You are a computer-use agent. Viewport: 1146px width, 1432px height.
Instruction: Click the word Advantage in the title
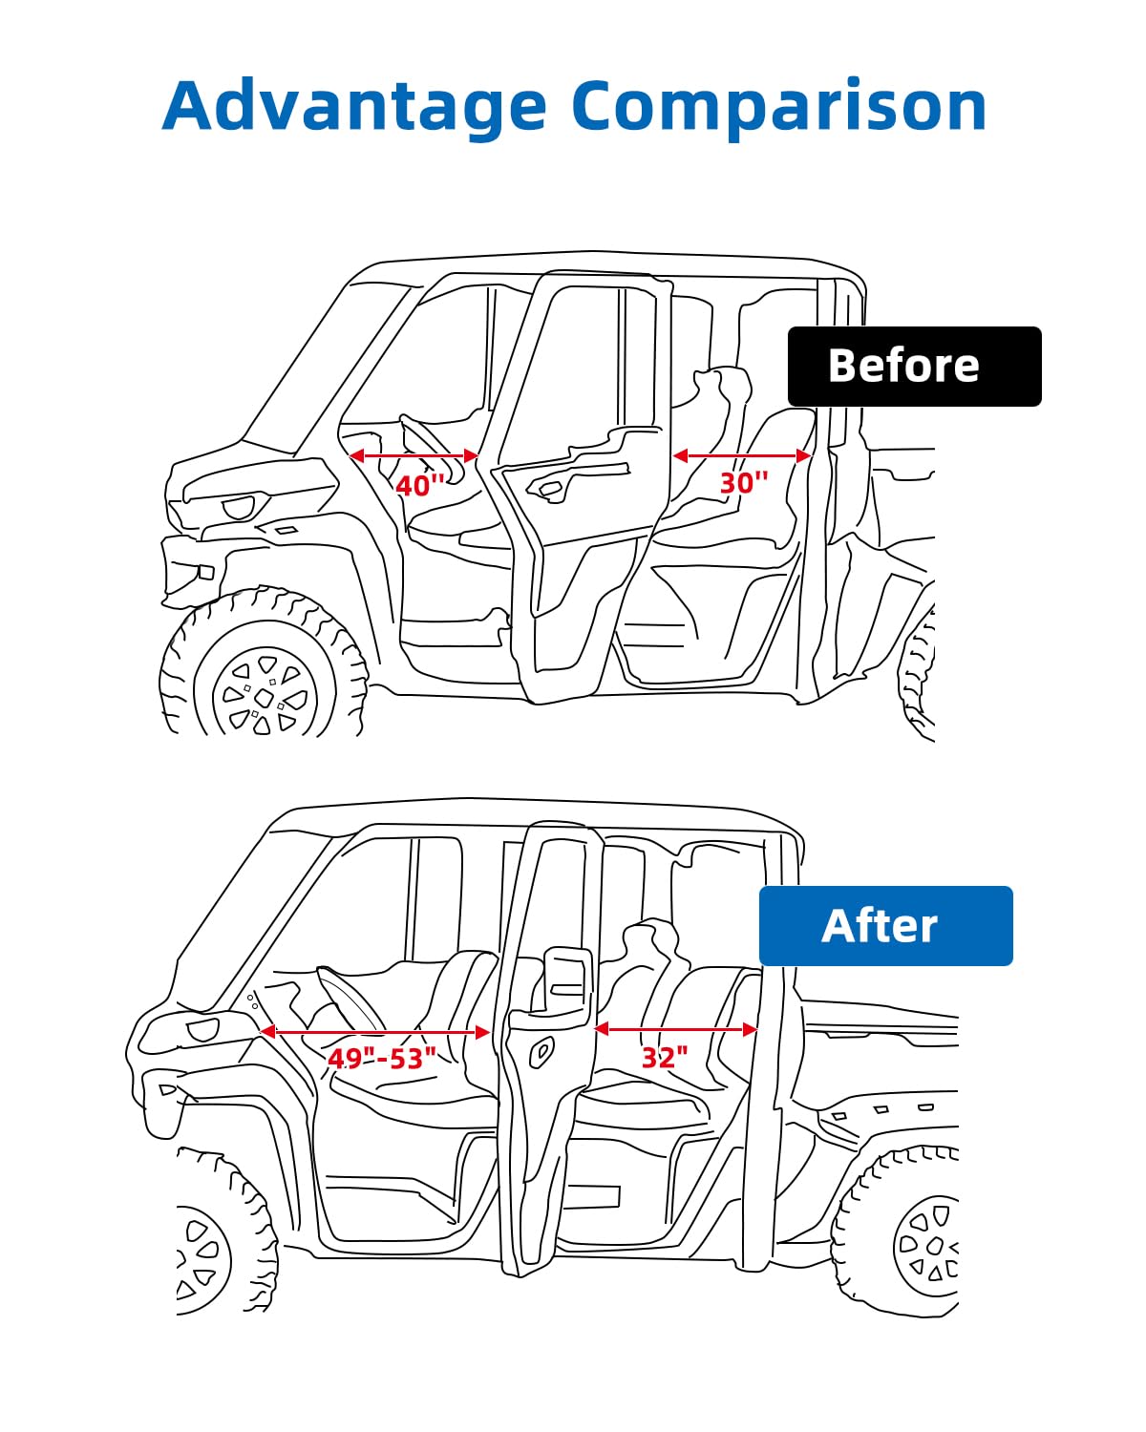354,107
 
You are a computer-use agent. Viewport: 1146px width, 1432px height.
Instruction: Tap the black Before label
914,366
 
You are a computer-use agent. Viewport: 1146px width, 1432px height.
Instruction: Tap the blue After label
885,925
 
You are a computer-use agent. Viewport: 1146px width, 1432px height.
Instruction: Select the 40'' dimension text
419,485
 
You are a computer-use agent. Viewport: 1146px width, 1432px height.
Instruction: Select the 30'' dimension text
744,482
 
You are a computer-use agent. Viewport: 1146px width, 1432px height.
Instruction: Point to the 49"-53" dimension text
382,1058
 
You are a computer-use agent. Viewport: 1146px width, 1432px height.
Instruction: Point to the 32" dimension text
665,1058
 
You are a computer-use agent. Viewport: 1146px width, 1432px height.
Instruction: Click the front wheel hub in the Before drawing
265,697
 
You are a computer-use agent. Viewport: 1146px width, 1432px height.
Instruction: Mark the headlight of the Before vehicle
238,507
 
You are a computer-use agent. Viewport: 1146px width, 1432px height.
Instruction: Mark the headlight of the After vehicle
202,1029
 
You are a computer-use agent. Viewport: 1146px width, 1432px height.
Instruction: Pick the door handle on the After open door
541,1052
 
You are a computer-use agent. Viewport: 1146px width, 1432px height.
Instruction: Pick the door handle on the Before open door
549,491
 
